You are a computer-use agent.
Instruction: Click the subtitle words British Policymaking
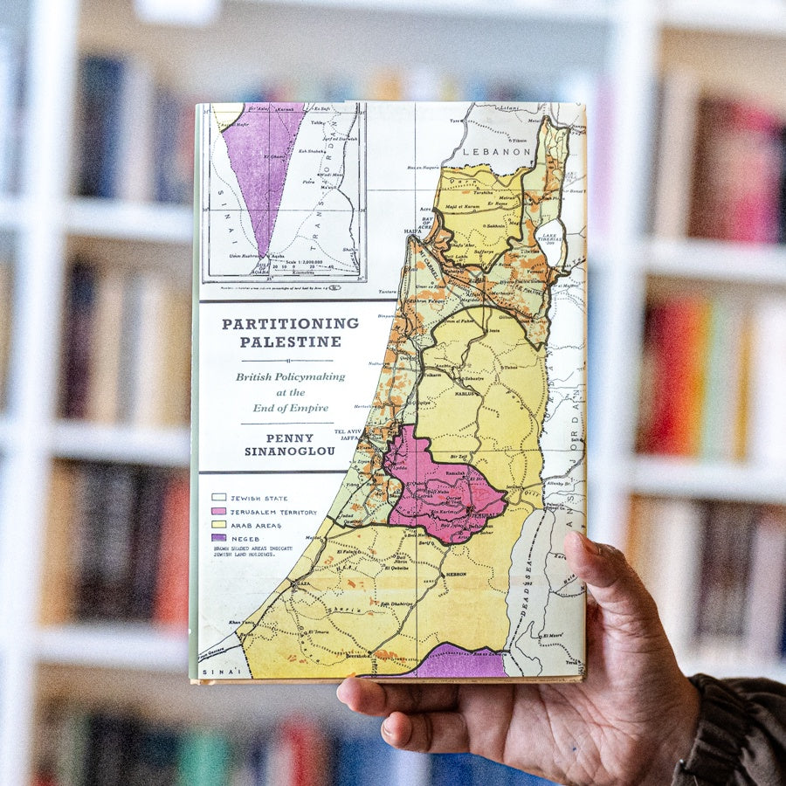tap(290, 377)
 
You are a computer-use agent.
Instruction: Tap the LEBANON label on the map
tap(496, 151)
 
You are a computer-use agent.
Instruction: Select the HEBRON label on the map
tap(455, 574)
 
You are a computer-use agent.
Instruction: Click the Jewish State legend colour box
tap(217, 498)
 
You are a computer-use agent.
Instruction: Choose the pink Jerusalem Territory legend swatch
tap(217, 511)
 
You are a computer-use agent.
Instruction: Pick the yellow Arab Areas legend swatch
tap(217, 525)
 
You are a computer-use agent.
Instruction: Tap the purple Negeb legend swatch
tap(217, 538)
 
